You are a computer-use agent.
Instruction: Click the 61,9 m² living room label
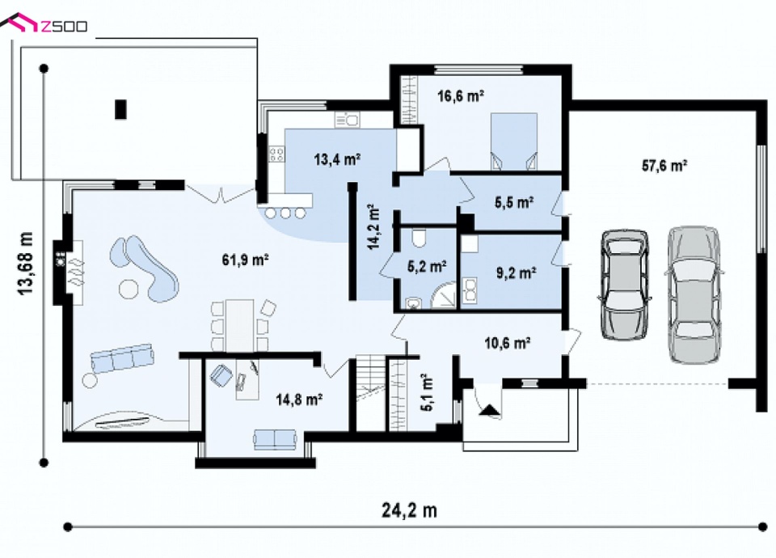click(x=245, y=260)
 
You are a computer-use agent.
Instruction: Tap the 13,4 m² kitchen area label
click(x=337, y=159)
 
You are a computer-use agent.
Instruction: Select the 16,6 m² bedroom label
click(x=460, y=95)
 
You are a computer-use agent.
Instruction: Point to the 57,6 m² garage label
click(x=664, y=165)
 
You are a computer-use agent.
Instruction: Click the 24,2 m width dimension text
click(x=409, y=510)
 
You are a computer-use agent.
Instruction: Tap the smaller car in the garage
click(x=624, y=284)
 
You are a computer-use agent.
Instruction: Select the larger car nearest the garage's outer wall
click(x=693, y=294)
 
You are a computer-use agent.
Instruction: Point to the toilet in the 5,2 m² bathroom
click(x=420, y=239)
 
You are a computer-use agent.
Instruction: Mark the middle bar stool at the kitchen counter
click(x=285, y=213)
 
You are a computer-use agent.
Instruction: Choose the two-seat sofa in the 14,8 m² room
click(x=275, y=439)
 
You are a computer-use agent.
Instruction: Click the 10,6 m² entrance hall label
click(x=508, y=343)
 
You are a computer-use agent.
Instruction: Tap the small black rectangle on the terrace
click(x=120, y=109)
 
